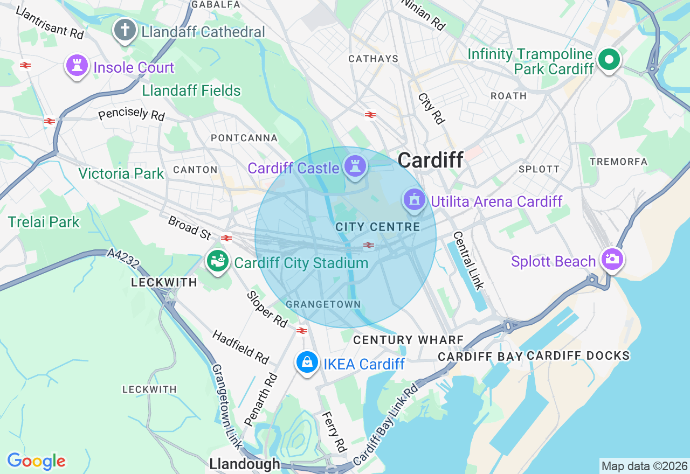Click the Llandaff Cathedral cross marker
coord(125,30)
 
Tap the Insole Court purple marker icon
coord(77,66)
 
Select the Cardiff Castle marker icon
coord(355,166)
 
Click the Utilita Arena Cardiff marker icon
coord(414,200)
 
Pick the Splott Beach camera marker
coord(611,259)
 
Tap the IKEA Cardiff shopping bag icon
coord(307,363)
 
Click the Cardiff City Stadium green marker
coord(218,262)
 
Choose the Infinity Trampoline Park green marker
coord(609,60)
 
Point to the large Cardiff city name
coord(430,159)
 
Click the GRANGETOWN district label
coord(323,304)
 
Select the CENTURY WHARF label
coord(408,340)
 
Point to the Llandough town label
coord(245,464)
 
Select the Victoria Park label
coord(121,173)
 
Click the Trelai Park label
coord(44,222)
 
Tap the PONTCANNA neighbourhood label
coord(244,138)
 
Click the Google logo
coord(36,461)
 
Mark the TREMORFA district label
coord(618,162)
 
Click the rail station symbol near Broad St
coord(226,238)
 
